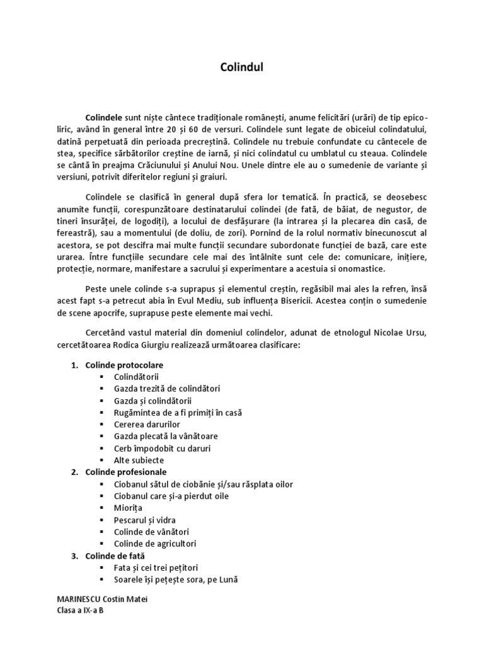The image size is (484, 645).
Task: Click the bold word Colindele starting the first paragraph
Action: (104, 117)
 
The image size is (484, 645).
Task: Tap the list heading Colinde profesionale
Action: (126, 472)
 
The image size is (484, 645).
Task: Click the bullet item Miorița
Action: (128, 508)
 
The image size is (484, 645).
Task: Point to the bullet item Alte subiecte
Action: (139, 460)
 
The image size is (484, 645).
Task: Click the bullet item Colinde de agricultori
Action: (156, 544)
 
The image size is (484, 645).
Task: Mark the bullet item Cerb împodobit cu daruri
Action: (162, 448)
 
